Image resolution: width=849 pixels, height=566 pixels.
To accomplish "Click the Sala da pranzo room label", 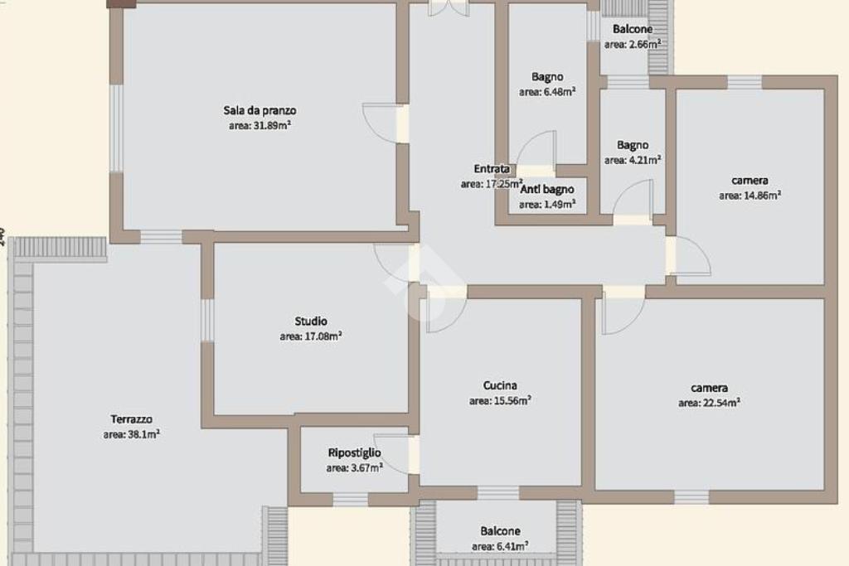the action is point(260,110).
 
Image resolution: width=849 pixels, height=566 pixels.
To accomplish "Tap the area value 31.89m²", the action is point(260,125).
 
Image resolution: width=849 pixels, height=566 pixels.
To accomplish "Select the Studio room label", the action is point(311,321).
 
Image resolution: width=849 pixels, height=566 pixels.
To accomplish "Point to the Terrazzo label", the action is point(132,418).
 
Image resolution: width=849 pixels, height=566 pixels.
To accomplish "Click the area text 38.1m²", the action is point(132,434).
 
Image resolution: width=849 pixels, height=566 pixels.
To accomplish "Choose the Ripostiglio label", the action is point(355,453).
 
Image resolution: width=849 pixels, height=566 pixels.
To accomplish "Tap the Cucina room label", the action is point(500,385).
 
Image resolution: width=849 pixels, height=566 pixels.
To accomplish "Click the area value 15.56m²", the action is point(500,401).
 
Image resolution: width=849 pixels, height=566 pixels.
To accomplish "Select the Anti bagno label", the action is point(547,190).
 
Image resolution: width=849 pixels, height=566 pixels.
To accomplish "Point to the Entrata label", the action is point(492,169).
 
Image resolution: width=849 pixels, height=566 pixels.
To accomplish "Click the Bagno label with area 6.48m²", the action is point(547,77).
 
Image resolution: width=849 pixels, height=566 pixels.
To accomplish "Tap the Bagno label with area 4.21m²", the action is point(633,145).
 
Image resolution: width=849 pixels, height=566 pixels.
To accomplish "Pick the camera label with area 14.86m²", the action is point(750,180).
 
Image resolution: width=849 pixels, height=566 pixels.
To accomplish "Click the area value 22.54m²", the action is point(710,403).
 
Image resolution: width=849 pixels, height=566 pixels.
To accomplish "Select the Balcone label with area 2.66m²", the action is point(633,29).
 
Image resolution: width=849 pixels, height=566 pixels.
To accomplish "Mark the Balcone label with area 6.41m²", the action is point(500,531).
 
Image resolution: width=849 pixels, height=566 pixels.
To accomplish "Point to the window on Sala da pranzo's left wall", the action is point(116,128).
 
